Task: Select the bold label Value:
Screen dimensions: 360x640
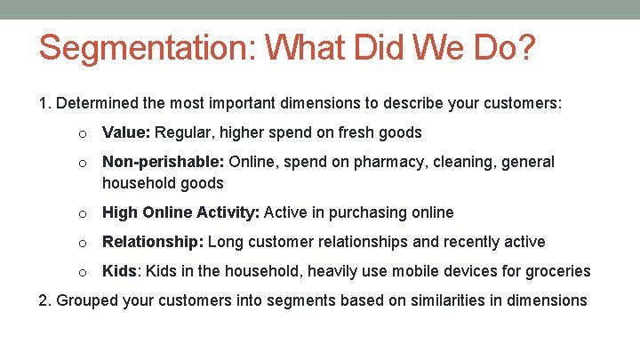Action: tap(127, 132)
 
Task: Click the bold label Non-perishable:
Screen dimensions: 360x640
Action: tap(164, 162)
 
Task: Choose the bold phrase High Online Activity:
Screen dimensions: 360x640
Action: tap(181, 212)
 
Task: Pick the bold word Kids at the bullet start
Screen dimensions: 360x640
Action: tap(119, 271)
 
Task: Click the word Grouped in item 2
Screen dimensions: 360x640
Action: tap(86, 300)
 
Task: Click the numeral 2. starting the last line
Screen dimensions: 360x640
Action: tap(45, 300)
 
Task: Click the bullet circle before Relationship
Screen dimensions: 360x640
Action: tap(82, 243)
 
